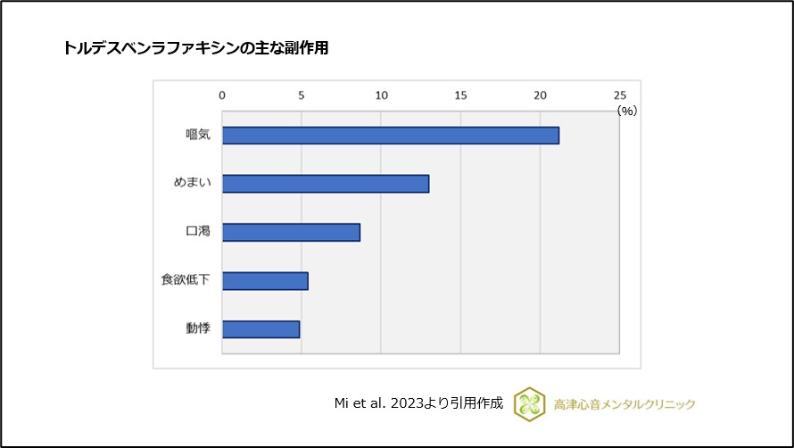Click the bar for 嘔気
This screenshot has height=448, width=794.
pyautogui.click(x=391, y=136)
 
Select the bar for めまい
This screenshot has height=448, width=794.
pyautogui.click(x=326, y=184)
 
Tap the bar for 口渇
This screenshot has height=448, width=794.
pyautogui.click(x=291, y=232)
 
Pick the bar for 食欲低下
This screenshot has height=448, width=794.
pyautogui.click(x=265, y=281)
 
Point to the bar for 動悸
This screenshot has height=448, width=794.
pyautogui.click(x=261, y=329)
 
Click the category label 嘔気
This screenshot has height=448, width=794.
pyautogui.click(x=197, y=136)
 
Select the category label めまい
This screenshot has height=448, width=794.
pyautogui.click(x=192, y=184)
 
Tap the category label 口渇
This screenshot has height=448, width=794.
pyautogui.click(x=197, y=232)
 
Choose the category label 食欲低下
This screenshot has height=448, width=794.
pyautogui.click(x=186, y=281)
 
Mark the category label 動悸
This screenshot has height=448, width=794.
pyautogui.click(x=197, y=329)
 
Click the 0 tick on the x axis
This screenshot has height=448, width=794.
pyautogui.click(x=222, y=95)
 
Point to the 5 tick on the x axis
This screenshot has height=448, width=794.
pyautogui.click(x=302, y=95)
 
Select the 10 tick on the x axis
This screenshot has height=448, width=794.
pyautogui.click(x=381, y=95)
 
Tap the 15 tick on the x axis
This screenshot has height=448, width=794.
pyautogui.click(x=460, y=95)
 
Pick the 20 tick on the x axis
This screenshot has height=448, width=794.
pyautogui.click(x=540, y=95)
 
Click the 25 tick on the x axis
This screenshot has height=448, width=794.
pyautogui.click(x=620, y=95)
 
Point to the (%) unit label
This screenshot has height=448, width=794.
pyautogui.click(x=627, y=111)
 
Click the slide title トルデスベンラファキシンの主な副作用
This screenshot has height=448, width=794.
pyautogui.click(x=195, y=49)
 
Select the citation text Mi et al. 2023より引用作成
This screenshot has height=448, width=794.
pyautogui.click(x=418, y=403)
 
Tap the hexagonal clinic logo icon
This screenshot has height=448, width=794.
pyautogui.click(x=529, y=403)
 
